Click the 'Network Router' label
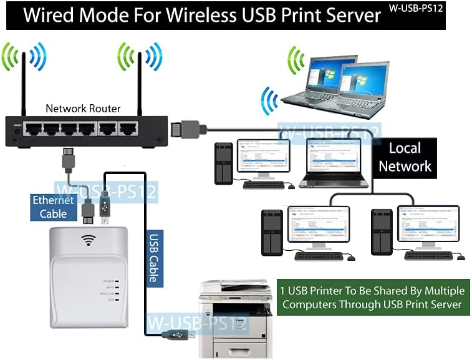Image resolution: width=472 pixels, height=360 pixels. (83, 108)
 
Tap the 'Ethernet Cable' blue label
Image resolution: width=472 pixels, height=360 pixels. (54, 207)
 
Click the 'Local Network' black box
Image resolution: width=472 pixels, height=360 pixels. (405, 157)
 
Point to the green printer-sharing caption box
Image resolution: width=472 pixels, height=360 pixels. (372, 297)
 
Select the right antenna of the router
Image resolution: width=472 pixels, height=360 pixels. (140, 81)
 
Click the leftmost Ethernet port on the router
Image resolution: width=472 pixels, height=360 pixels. (32, 130)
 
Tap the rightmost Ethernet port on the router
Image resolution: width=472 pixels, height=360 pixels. (128, 130)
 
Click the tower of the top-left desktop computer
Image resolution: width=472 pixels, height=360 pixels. (223, 163)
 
